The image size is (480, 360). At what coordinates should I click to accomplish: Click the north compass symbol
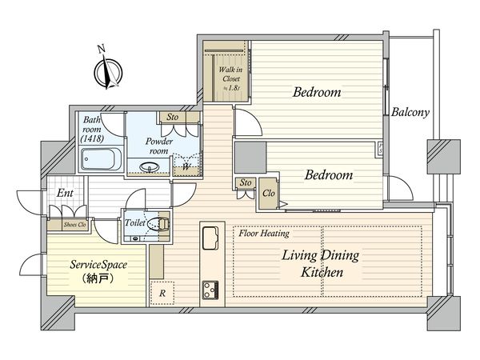coord(108,72)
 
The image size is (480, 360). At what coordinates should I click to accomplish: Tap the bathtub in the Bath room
coord(100,159)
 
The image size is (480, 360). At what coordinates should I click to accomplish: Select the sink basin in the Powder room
coord(150,167)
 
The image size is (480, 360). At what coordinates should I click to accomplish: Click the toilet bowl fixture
coord(158,223)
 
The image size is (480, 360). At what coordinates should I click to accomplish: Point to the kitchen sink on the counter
coord(210,238)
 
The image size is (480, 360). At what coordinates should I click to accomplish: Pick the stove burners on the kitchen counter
coord(210,290)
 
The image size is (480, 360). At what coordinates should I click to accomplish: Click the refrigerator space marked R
coord(162,294)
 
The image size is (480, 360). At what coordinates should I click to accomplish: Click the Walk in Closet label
coord(231,78)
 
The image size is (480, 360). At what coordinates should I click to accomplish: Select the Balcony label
coord(410,112)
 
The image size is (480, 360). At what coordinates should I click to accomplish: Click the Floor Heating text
coord(264,234)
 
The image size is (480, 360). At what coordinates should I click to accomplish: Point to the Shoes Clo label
coord(74,225)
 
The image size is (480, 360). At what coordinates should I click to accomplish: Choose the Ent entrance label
coord(65,193)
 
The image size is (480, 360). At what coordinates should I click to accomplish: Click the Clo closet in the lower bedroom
coord(269,193)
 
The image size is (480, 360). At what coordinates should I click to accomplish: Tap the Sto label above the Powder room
coord(172,117)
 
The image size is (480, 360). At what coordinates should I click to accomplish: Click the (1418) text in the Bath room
coord(92,138)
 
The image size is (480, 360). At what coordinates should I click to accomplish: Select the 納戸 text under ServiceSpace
coord(98,279)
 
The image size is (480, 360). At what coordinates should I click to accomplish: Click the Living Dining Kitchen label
coord(321,263)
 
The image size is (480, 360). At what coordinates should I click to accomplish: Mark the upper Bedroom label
coord(317,92)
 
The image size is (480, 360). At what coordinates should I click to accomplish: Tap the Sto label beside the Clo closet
coord(246,182)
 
